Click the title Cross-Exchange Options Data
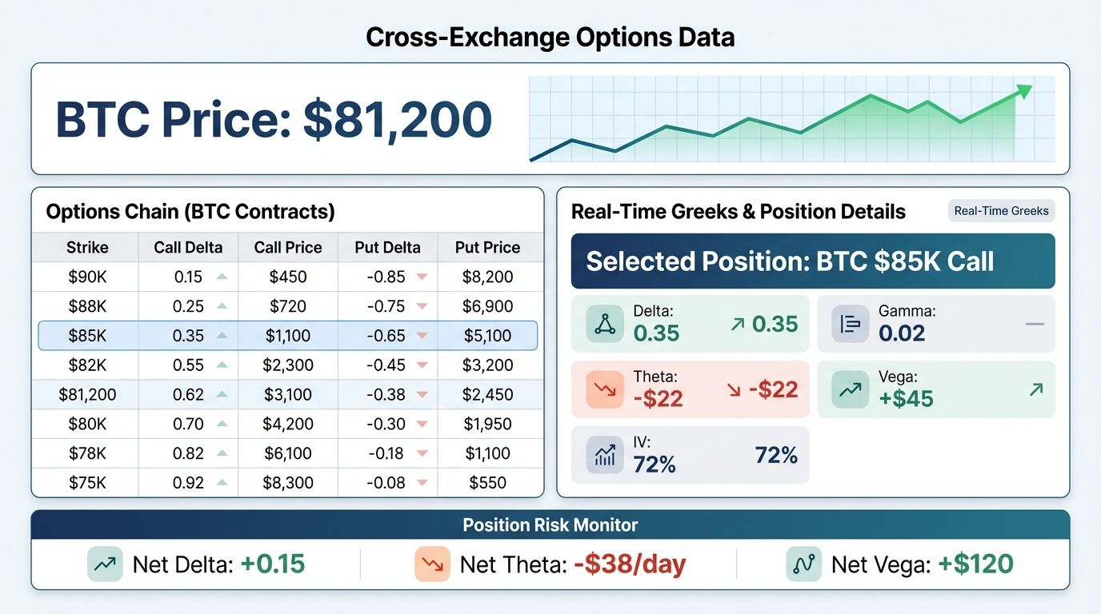[550, 37]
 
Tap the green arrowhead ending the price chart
[1024, 91]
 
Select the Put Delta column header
[387, 248]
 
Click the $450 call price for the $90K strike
[288, 277]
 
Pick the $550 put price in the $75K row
[487, 483]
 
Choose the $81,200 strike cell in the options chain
[87, 394]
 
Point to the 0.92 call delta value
[188, 483]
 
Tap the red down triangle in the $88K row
[422, 306]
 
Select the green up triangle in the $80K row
[222, 424]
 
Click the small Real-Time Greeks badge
[1001, 211]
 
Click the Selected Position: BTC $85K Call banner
[812, 261]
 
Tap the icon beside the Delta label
[605, 324]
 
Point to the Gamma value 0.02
[902, 333]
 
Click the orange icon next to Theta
[605, 389]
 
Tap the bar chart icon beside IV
[605, 455]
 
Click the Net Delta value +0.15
[272, 564]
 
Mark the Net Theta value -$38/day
[630, 564]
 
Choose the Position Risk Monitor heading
[550, 525]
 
